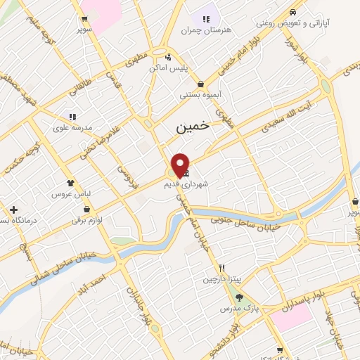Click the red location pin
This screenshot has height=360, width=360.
pyautogui.click(x=181, y=165)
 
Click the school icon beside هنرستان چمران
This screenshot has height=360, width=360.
pyautogui.click(x=207, y=18)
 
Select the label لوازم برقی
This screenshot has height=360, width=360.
pyautogui.click(x=86, y=220)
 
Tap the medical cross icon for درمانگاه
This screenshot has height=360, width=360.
pyautogui.click(x=14, y=210)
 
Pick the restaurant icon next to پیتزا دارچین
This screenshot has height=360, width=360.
pyautogui.click(x=222, y=267)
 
